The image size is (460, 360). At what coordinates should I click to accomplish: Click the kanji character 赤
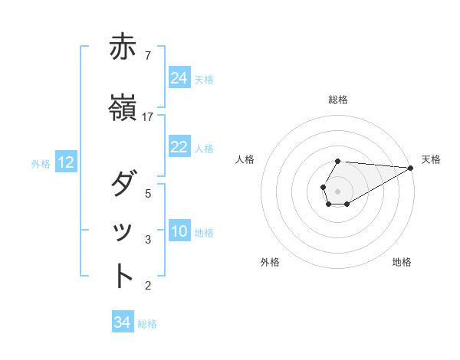coord(123,49)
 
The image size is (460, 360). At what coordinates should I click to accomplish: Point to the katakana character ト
coord(123,277)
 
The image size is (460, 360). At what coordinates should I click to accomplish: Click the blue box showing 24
coord(179,78)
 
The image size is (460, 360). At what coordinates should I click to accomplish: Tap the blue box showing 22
coord(179,148)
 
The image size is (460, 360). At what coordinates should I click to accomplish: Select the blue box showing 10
coord(179,232)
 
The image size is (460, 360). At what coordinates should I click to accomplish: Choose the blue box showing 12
coord(66,162)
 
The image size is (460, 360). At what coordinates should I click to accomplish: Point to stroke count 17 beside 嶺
coord(148,116)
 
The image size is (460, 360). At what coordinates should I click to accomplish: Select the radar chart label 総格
coord(338,100)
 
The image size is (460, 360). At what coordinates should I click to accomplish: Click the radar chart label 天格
coord(431,159)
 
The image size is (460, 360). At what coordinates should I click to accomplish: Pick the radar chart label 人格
coord(245,159)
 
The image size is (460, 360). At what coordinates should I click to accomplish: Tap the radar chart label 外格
coord(270,262)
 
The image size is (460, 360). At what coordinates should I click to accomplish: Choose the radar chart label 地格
coord(402,262)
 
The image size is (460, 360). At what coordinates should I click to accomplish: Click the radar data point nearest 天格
coord(412,168)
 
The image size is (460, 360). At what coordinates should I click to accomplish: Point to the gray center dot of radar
coord(337,190)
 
